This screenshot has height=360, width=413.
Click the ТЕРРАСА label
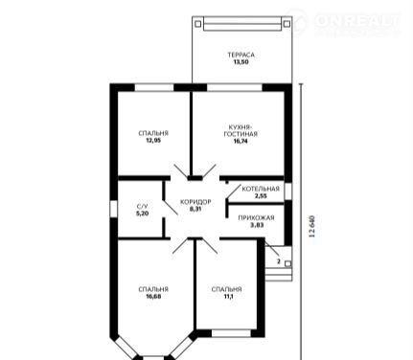[x=241, y=55]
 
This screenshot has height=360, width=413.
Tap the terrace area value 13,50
[x=241, y=62]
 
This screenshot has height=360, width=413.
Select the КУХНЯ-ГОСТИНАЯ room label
[x=241, y=130]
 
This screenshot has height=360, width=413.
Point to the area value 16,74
[x=241, y=141]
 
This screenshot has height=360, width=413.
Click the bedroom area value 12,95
[x=153, y=141]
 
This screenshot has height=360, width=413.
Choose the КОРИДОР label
[x=195, y=202]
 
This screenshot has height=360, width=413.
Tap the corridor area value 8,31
[x=195, y=210]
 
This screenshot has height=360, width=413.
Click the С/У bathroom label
[x=143, y=207]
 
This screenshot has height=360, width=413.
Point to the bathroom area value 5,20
[x=143, y=214]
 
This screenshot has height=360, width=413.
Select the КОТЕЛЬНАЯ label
[x=261, y=189]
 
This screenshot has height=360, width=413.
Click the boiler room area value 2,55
[x=261, y=196]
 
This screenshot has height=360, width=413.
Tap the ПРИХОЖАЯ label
[x=256, y=218]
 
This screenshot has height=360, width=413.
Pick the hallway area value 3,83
[x=257, y=225]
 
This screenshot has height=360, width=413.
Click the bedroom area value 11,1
[x=226, y=297]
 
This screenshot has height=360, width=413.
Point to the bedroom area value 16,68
[x=153, y=297]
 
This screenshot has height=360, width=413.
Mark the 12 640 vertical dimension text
[x=312, y=226]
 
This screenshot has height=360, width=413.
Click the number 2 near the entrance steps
[x=279, y=261]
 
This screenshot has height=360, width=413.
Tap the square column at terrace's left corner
[x=198, y=24]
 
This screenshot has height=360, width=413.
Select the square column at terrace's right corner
[x=287, y=24]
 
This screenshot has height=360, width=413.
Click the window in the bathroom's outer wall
[x=114, y=209]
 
